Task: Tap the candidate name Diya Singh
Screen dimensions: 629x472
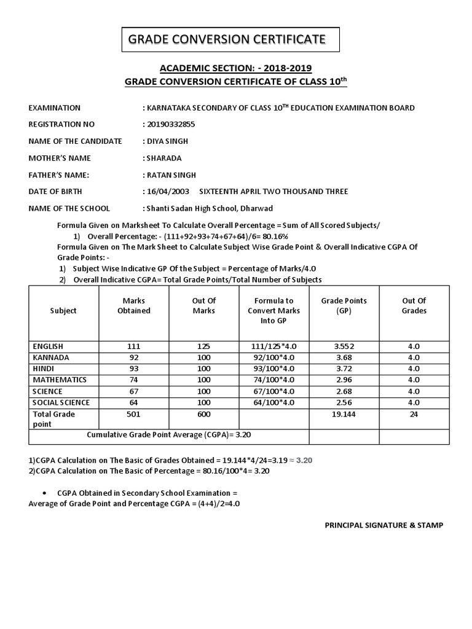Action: [167, 141]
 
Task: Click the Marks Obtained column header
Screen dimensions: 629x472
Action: [134, 305]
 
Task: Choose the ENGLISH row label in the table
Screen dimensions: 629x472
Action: [48, 346]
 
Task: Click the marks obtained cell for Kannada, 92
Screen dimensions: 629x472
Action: [134, 357]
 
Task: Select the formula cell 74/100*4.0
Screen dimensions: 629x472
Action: [273, 380]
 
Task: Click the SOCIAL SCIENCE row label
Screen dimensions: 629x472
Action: [61, 402]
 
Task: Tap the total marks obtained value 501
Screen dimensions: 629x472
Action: [134, 414]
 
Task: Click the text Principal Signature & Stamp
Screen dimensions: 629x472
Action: [383, 525]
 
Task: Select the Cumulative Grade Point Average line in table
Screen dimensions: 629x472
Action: [169, 434]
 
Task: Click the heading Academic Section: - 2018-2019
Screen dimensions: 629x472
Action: [235, 68]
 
